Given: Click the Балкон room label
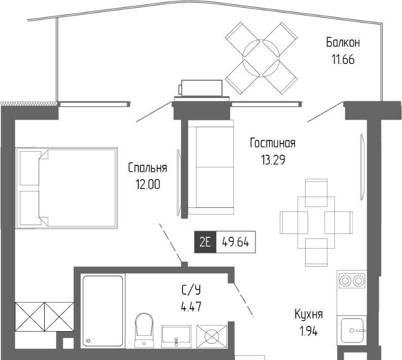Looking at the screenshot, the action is (x=343, y=42).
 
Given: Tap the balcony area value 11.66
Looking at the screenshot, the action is (x=343, y=59).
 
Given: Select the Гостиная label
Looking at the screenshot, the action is (x=273, y=143).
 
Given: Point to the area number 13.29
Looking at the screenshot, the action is (x=273, y=160).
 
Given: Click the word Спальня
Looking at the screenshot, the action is (x=147, y=168).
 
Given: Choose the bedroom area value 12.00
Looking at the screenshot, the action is (x=148, y=185).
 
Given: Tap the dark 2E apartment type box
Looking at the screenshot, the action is (x=205, y=242).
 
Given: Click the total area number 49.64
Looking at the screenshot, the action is (x=236, y=242).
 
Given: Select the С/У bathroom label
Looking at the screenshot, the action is (x=191, y=290).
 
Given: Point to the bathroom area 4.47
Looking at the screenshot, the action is (x=191, y=306).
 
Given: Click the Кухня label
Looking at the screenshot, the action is (x=309, y=314).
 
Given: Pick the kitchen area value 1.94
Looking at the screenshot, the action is (x=309, y=331).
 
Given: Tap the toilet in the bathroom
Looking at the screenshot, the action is (x=144, y=330).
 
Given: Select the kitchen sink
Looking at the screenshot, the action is (x=352, y=330).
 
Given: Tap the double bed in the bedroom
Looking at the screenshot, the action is (x=66, y=188).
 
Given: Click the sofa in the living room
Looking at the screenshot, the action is (x=211, y=167).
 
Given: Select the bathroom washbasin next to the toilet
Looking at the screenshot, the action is (x=176, y=336).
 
